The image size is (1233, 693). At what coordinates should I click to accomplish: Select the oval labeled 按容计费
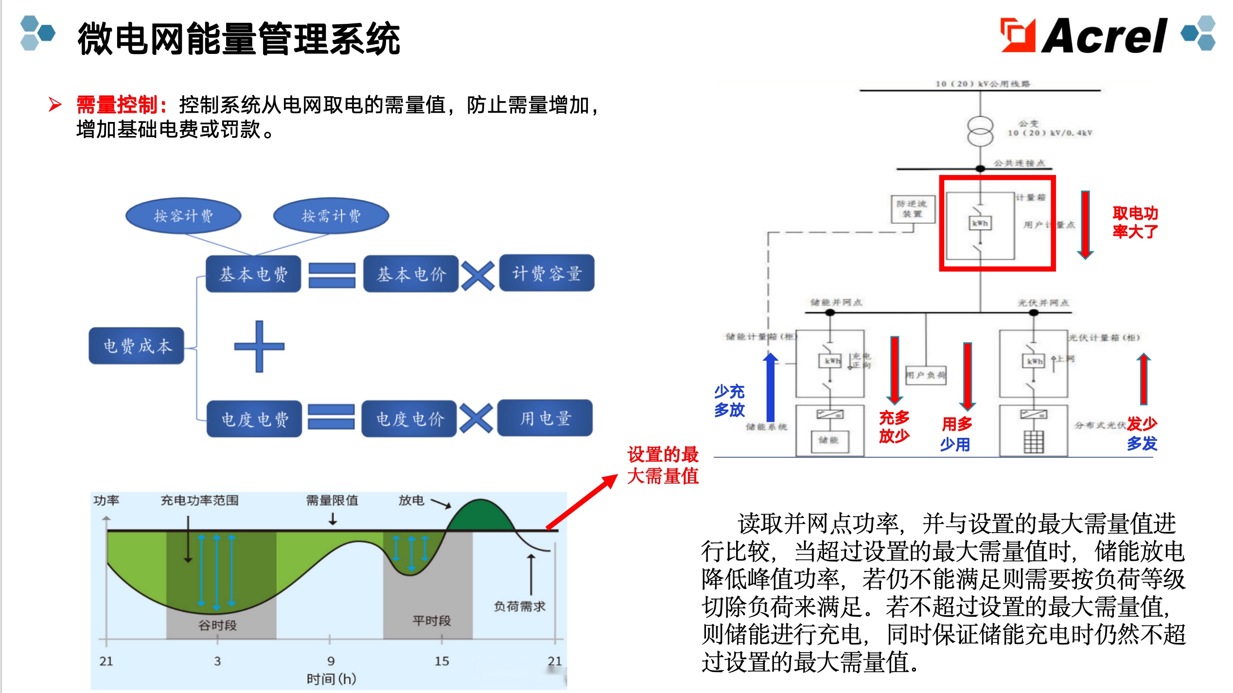click(x=183, y=215)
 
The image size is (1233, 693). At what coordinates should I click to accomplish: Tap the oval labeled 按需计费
click(x=331, y=215)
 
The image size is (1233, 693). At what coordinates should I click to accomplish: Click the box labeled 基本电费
click(x=253, y=274)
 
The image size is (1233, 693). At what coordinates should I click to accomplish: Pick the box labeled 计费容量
click(x=546, y=273)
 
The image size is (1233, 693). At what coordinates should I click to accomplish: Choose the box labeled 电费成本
click(x=137, y=346)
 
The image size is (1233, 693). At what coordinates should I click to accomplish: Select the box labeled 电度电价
click(x=409, y=419)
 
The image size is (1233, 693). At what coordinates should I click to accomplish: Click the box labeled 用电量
click(x=545, y=418)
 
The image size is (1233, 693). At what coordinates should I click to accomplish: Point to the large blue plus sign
click(x=259, y=346)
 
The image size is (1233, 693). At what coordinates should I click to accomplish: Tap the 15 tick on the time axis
click(x=441, y=661)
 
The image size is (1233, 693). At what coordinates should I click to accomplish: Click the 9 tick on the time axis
click(x=331, y=661)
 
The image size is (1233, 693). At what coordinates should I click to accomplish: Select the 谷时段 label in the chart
click(x=217, y=625)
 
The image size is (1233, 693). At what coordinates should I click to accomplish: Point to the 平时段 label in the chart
click(x=431, y=621)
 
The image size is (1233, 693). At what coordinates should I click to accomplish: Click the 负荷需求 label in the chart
click(x=519, y=606)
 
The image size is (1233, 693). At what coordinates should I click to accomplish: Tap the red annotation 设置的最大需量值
click(x=663, y=465)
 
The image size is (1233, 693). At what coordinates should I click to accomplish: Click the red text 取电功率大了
click(x=1135, y=222)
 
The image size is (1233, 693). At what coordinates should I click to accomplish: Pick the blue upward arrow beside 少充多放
click(x=770, y=387)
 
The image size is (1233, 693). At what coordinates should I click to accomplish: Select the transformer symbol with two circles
click(x=980, y=131)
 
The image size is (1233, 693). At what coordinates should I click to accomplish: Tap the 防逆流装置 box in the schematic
click(x=913, y=209)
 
